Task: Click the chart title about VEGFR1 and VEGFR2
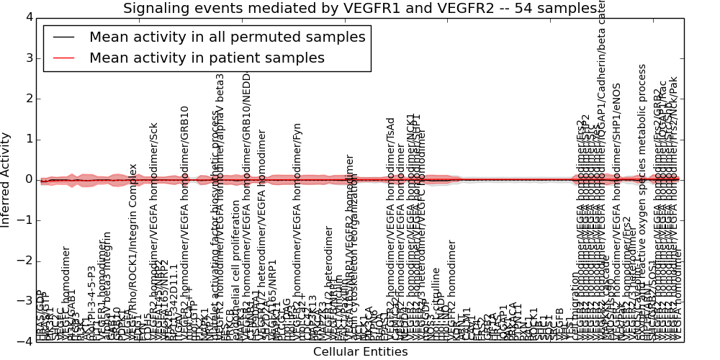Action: pyautogui.click(x=360, y=9)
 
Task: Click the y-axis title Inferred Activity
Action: pyautogui.click(x=6, y=179)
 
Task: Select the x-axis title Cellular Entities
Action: pyautogui.click(x=360, y=352)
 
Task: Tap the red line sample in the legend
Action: pyautogui.click(x=64, y=58)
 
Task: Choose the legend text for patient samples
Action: pyautogui.click(x=207, y=58)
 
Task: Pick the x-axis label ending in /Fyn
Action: pyautogui.click(x=297, y=230)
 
